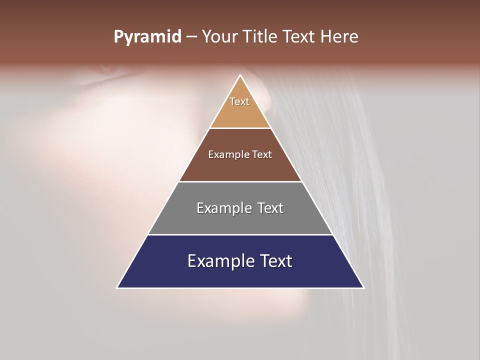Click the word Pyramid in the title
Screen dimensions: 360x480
click(x=147, y=37)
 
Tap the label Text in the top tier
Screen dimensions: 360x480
click(x=239, y=101)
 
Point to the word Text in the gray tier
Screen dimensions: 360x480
click(x=270, y=208)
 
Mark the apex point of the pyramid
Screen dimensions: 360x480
click(x=240, y=75)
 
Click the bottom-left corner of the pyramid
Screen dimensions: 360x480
click(x=117, y=287)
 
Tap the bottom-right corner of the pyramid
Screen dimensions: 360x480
click(x=363, y=287)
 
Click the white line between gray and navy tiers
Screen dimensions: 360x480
click(x=240, y=234)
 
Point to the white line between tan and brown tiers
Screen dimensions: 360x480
click(x=240, y=128)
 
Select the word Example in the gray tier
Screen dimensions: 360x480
click(x=223, y=208)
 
